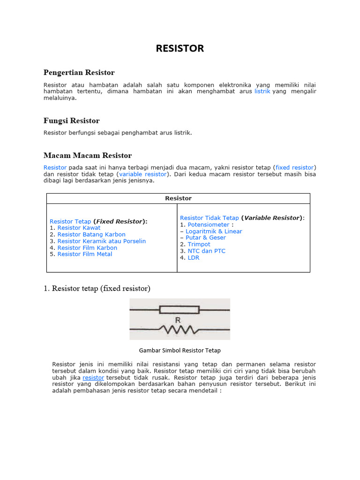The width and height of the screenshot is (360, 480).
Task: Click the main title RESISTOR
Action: point(180,49)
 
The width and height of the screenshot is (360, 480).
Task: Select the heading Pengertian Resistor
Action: point(79,72)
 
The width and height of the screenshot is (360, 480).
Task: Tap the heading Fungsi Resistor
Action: point(71,120)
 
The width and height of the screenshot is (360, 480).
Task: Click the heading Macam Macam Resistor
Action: point(88,155)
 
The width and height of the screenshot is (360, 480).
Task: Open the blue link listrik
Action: point(262,91)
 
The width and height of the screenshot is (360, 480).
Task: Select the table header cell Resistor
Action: point(178,198)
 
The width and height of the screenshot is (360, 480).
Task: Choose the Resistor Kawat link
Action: point(79,228)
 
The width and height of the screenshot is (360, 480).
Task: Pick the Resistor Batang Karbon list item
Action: point(91,234)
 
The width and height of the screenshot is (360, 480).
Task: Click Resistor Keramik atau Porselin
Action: point(101,241)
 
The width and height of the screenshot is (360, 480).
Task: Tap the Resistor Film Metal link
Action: point(84,254)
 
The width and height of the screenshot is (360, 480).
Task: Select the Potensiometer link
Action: point(209,225)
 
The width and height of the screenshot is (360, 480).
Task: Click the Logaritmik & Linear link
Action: point(214,231)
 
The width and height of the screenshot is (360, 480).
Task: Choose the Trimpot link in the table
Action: point(199,244)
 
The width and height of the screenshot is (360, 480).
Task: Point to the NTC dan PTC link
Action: point(206,251)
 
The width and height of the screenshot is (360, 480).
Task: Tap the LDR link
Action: point(193,257)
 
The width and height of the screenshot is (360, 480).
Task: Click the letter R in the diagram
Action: point(178,321)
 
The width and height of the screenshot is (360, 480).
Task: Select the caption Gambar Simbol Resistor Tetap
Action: point(180,350)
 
